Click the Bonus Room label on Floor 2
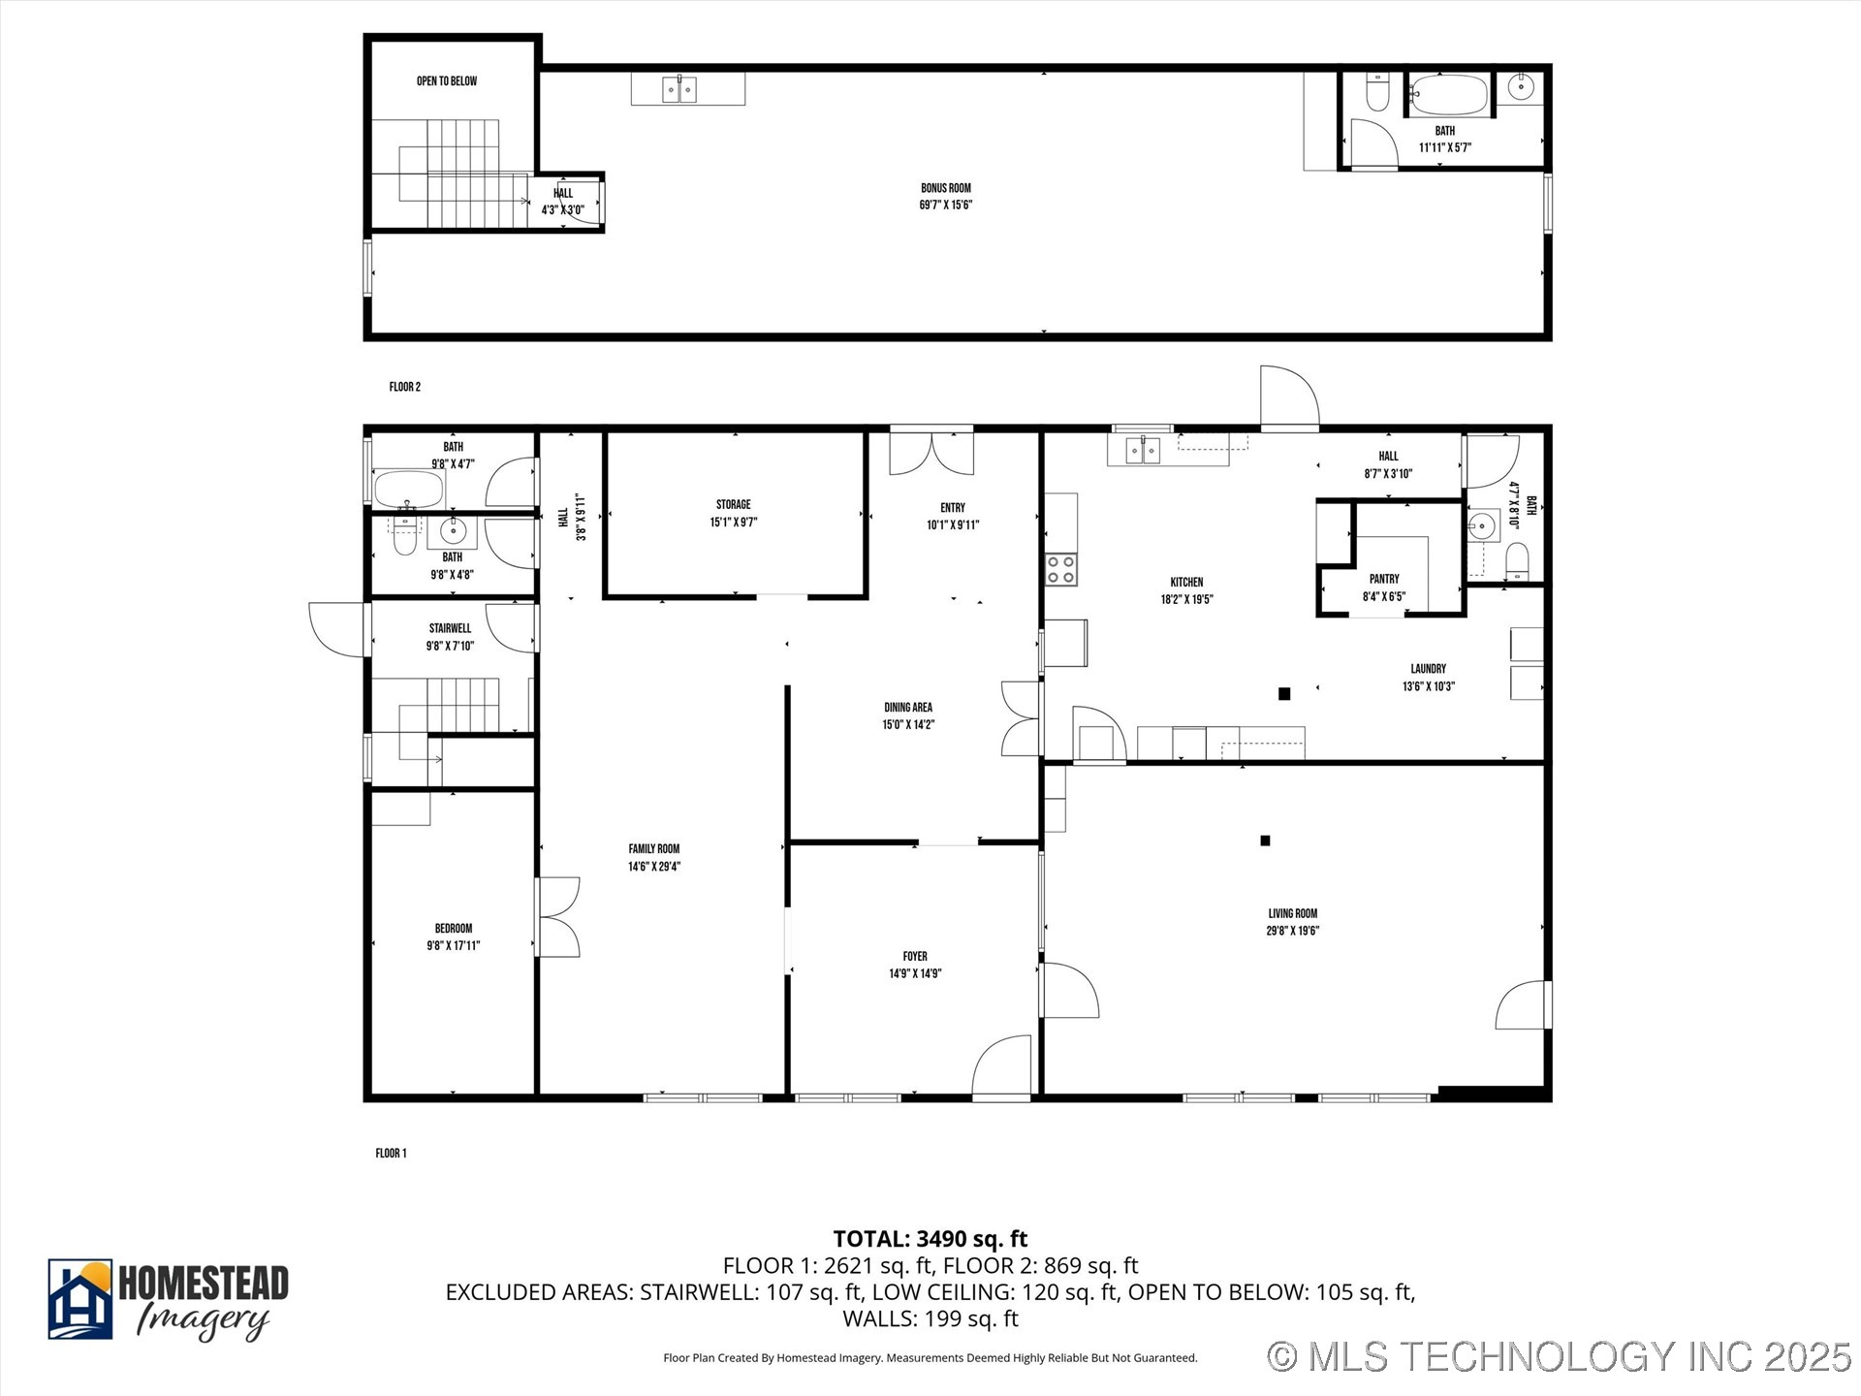[x=945, y=188]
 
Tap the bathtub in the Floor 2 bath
[x=1447, y=95]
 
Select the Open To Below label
[x=447, y=81]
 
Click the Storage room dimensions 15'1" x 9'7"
[x=733, y=523]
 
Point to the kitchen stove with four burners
[x=1061, y=569]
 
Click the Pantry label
[x=1384, y=579]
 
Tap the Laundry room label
[x=1428, y=669]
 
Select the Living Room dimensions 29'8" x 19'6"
[x=1293, y=931]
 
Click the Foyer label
[x=915, y=956]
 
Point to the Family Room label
[x=654, y=849]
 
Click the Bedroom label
[x=454, y=928]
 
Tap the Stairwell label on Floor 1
[x=450, y=628]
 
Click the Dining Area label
[x=908, y=708]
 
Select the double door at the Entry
[x=931, y=454]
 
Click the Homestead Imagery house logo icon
[x=80, y=1299]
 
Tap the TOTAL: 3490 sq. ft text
[x=930, y=1239]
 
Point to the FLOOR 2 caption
[x=404, y=387]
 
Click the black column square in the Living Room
[x=1265, y=841]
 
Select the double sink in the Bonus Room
[x=678, y=89]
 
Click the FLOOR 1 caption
[x=391, y=1153]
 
